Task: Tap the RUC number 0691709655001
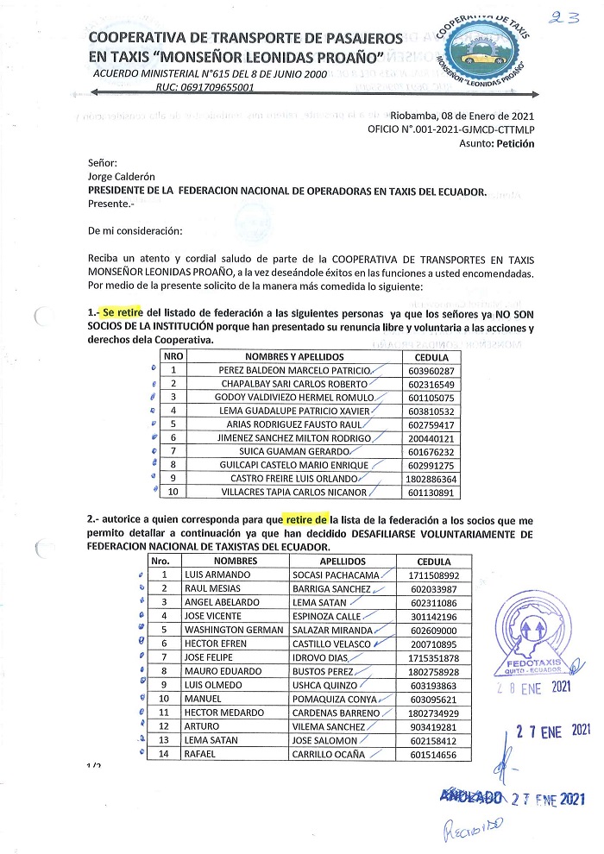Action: pos(204,88)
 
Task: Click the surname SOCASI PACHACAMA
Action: pos(341,575)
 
